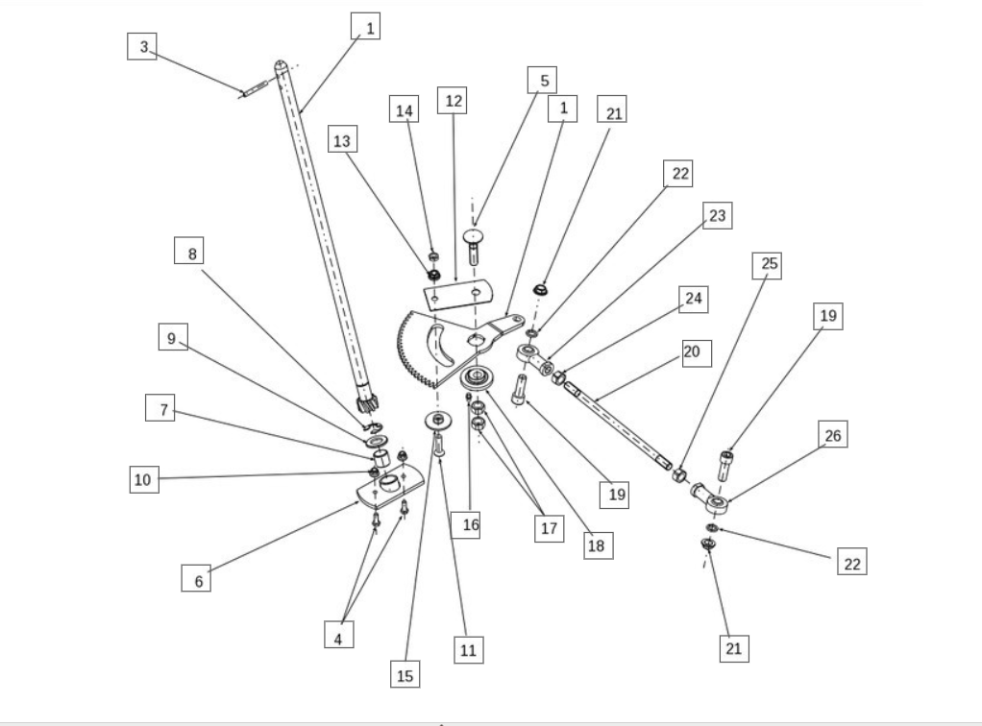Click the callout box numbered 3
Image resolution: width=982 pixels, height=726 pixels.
click(x=142, y=47)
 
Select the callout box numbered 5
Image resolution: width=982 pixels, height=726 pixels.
click(x=542, y=81)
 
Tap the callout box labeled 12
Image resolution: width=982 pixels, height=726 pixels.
click(x=452, y=100)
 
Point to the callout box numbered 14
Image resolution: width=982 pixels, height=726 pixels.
click(x=405, y=109)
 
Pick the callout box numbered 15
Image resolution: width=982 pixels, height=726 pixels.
click(x=405, y=675)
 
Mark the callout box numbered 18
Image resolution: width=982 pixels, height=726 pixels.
click(x=598, y=544)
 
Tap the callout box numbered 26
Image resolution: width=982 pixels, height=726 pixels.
click(x=833, y=437)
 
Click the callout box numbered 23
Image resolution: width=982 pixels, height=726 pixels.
click(x=717, y=216)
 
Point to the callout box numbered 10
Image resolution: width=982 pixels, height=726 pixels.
click(x=143, y=478)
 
